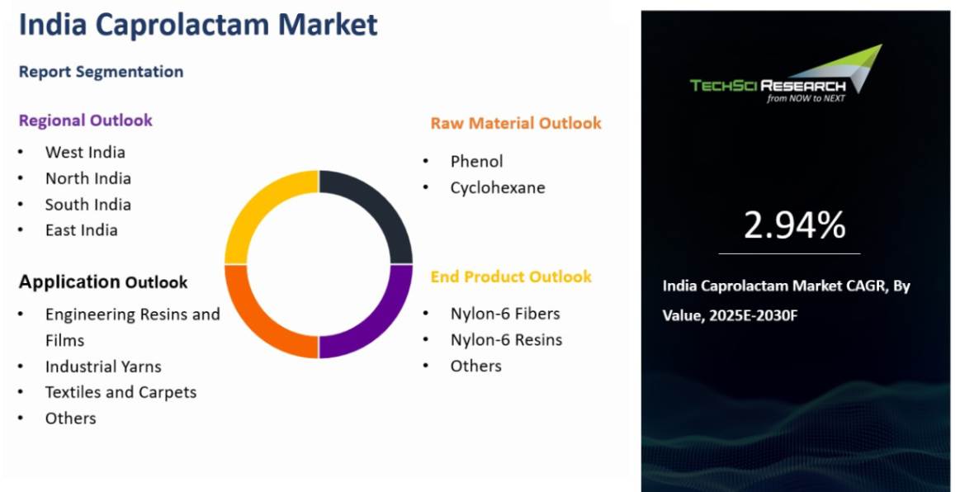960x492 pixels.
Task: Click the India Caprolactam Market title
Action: (x=198, y=24)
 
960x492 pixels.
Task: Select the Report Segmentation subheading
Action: (x=101, y=72)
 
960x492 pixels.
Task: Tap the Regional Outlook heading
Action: (x=86, y=120)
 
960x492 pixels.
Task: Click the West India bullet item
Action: (x=85, y=152)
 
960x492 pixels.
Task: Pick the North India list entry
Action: (x=88, y=178)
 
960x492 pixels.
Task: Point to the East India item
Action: (x=82, y=230)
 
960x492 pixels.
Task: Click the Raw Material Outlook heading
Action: (x=516, y=123)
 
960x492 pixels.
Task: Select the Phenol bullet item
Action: (x=476, y=161)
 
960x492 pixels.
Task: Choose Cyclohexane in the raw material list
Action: (x=498, y=187)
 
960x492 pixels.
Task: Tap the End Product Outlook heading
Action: (x=511, y=277)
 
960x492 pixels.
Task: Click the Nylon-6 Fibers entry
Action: (x=505, y=314)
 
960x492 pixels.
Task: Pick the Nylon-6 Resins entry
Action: (x=506, y=339)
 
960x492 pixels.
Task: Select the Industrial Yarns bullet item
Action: (x=103, y=367)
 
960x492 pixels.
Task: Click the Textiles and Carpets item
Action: (x=121, y=392)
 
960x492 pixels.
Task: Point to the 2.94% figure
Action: (x=795, y=225)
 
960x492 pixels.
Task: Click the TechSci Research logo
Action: (x=786, y=74)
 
